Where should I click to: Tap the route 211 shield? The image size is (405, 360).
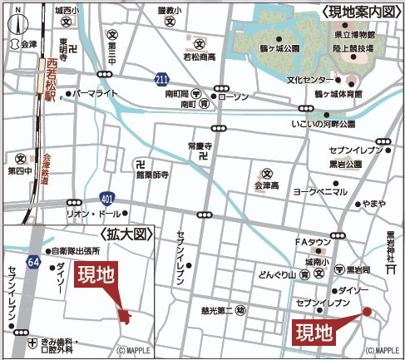click(x=161, y=79)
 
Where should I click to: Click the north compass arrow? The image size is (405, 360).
click(x=16, y=26)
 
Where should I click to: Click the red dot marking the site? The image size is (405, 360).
click(x=365, y=312)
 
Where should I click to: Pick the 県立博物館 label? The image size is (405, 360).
click(x=356, y=34)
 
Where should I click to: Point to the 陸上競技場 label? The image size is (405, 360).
click(x=356, y=49)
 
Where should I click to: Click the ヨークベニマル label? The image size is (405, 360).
click(x=319, y=191)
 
